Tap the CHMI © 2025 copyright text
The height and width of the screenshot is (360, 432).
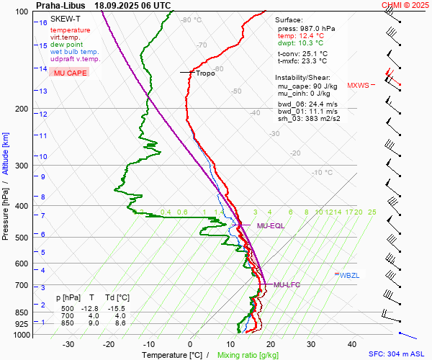[405, 5]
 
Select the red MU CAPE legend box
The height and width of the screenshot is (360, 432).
[68, 73]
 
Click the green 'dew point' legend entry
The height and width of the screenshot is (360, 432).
[66, 45]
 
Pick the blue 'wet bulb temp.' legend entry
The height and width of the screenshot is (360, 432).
[75, 52]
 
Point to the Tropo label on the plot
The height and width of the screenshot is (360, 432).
[205, 73]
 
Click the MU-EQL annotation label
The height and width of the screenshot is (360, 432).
[271, 226]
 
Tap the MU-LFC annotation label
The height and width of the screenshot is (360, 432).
[287, 285]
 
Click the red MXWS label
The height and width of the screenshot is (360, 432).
[358, 85]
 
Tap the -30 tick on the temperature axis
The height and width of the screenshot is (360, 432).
[68, 344]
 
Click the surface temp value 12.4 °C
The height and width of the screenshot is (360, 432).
[311, 35]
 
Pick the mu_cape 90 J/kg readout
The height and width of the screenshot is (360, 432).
[307, 86]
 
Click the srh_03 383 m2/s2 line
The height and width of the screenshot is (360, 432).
[308, 119]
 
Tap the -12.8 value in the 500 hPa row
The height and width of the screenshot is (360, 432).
[89, 308]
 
